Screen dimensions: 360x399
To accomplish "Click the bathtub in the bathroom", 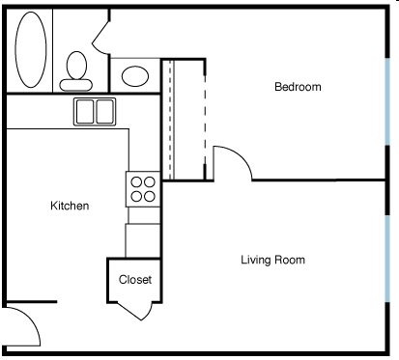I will (30, 49).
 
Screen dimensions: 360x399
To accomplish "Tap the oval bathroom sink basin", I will (136, 75).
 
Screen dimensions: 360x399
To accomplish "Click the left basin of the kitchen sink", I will (84, 111).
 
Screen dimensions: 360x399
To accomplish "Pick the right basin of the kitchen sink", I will (104, 111).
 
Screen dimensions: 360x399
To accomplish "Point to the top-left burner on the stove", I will (135, 180).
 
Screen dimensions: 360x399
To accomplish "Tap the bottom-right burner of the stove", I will (150, 195).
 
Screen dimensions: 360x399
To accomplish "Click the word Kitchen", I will (70, 206).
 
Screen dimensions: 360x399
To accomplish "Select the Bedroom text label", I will (298, 87).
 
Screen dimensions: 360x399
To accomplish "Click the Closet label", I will (134, 280).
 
